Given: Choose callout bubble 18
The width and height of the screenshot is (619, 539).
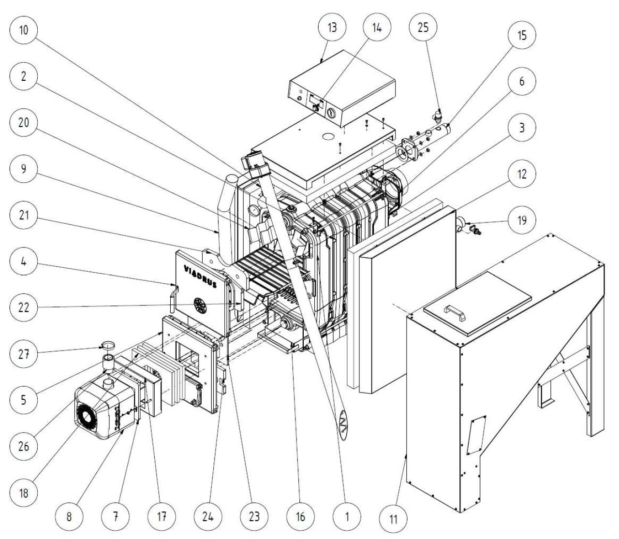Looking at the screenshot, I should tap(24, 493).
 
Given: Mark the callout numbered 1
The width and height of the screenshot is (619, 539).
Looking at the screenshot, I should tap(347, 517).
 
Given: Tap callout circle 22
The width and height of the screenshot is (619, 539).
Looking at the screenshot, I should tap(24, 307).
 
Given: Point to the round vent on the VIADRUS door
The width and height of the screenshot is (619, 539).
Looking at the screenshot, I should tap(200, 306).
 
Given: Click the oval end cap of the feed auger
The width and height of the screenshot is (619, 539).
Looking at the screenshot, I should tap(343, 425).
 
